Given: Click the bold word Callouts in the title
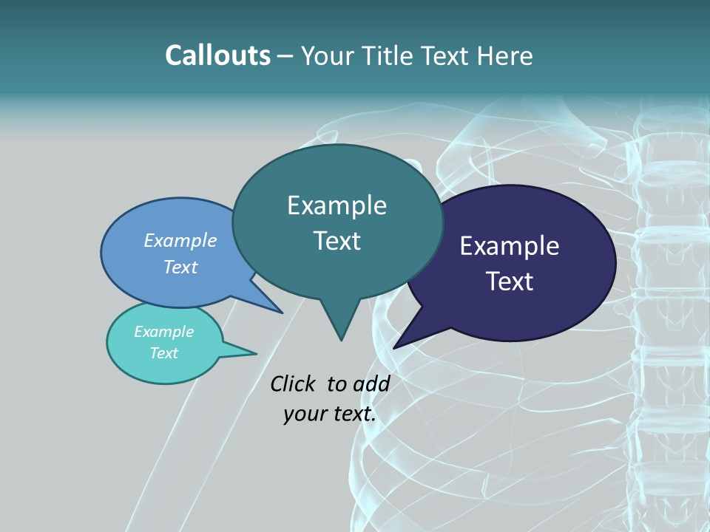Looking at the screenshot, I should pos(217,55).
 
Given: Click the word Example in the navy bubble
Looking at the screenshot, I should pos(510,246).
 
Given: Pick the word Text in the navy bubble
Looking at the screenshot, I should pos(510,282).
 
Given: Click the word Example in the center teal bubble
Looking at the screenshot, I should pos(337,205).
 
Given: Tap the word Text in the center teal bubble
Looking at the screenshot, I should pos(337,241).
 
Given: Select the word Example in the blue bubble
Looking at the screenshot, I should pos(180,240).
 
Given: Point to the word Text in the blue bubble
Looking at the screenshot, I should pos(180,267).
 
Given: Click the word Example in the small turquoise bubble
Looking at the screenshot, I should pos(164,332).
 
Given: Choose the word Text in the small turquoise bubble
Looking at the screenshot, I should pos(164,353).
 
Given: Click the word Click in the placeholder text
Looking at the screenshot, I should pos(293,383).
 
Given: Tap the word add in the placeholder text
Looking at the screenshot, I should pos(371,383).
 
